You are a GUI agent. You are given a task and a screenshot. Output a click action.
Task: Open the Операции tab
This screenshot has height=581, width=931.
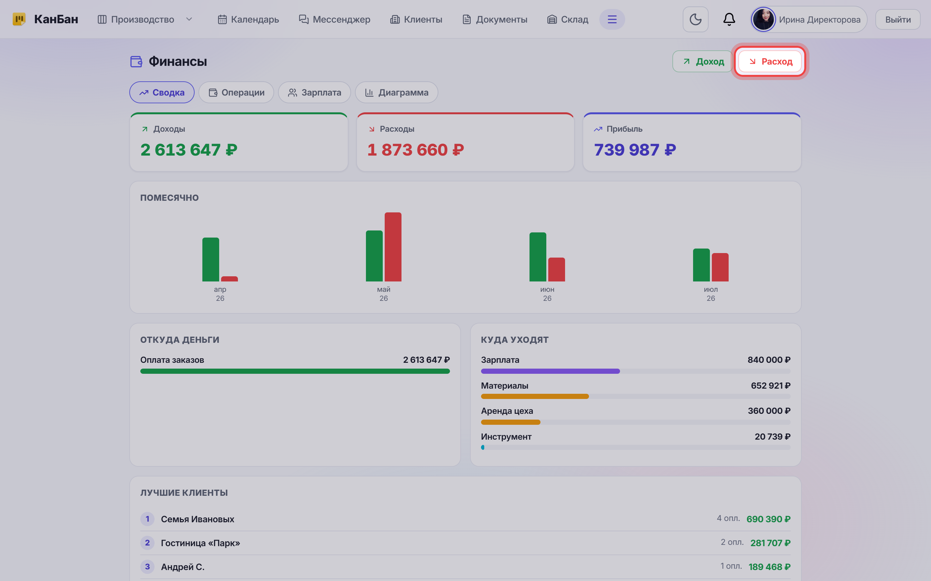pyautogui.click(x=236, y=92)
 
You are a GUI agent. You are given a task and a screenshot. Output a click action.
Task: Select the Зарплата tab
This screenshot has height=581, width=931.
pyautogui.click(x=314, y=92)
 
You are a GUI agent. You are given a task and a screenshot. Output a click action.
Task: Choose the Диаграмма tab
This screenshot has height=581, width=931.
pyautogui.click(x=396, y=92)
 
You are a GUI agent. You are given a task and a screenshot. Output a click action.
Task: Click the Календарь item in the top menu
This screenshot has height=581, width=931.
pyautogui.click(x=248, y=19)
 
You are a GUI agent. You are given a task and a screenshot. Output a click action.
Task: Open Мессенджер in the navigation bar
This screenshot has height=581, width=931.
pyautogui.click(x=334, y=19)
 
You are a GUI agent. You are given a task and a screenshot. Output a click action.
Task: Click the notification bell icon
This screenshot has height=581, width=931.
pyautogui.click(x=729, y=19)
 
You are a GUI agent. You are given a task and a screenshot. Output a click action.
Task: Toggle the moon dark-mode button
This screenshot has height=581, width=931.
pyautogui.click(x=696, y=19)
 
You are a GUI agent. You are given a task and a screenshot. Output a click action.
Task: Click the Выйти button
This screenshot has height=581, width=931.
pyautogui.click(x=898, y=19)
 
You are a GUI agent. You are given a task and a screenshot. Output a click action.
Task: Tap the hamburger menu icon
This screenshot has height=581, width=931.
pyautogui.click(x=612, y=19)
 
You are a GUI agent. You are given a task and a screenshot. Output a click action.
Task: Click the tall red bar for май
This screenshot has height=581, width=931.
pyautogui.click(x=393, y=247)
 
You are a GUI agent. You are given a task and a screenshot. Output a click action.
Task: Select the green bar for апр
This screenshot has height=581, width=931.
pyautogui.click(x=211, y=260)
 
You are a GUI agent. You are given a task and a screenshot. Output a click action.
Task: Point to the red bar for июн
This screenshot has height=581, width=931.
pyautogui.click(x=557, y=270)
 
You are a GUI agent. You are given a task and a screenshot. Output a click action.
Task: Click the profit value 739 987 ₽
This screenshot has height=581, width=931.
pyautogui.click(x=635, y=150)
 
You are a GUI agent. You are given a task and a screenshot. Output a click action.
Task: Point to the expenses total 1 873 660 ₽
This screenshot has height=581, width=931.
pyautogui.click(x=415, y=150)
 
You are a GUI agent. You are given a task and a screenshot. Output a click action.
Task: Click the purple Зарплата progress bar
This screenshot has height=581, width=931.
pyautogui.click(x=550, y=371)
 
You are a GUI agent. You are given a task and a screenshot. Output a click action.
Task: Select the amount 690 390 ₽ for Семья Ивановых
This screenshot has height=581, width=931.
pyautogui.click(x=768, y=519)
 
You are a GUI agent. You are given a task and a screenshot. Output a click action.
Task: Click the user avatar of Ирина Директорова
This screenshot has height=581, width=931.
pyautogui.click(x=763, y=19)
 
